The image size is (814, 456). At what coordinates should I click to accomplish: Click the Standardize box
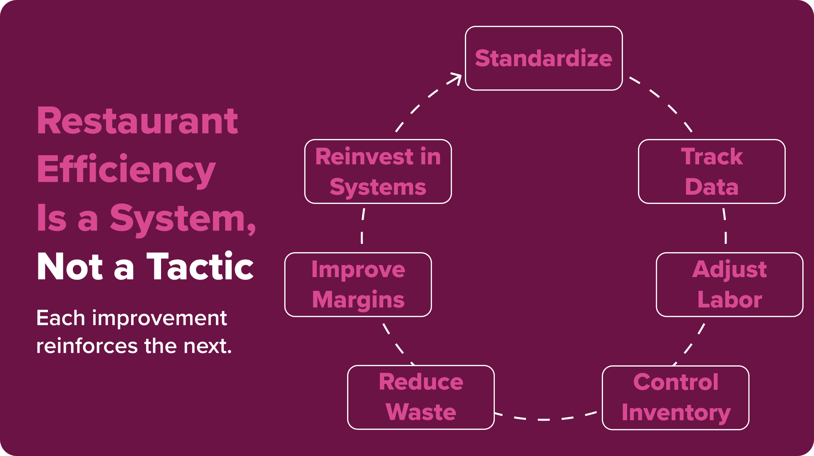pyautogui.click(x=543, y=58)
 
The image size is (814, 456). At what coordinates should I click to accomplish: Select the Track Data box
pyautogui.click(x=712, y=171)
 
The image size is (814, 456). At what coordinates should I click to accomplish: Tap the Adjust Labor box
pyautogui.click(x=729, y=285)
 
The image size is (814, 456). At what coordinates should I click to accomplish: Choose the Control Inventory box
pyautogui.click(x=675, y=398)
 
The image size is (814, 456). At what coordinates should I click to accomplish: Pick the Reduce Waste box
pyautogui.click(x=421, y=397)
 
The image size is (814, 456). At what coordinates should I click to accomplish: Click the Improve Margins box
pyautogui.click(x=358, y=285)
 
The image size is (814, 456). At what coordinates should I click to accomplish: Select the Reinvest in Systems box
pyautogui.click(x=378, y=171)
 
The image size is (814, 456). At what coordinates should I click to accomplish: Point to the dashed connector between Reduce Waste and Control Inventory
pyautogui.click(x=545, y=419)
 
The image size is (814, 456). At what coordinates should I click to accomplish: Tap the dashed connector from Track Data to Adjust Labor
pyautogui.click(x=725, y=227)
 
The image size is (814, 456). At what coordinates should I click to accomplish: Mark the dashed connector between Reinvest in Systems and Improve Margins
pyautogui.click(x=362, y=227)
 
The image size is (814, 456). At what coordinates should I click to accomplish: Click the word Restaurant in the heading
pyautogui.click(x=137, y=121)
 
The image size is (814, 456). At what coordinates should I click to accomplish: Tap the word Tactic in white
pyautogui.click(x=200, y=267)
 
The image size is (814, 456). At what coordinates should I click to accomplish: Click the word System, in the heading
pyautogui.click(x=183, y=218)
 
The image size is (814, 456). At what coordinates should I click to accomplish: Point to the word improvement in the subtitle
pyautogui.click(x=159, y=319)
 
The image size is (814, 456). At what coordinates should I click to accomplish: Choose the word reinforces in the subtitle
pyautogui.click(x=87, y=346)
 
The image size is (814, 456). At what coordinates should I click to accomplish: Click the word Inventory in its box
pyautogui.click(x=676, y=413)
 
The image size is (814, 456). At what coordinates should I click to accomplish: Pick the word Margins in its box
pyautogui.click(x=358, y=300)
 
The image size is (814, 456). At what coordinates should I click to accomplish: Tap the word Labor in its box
pyautogui.click(x=730, y=300)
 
